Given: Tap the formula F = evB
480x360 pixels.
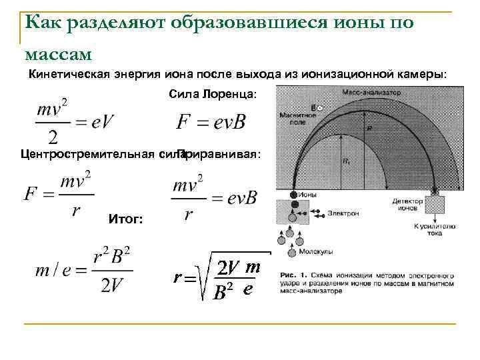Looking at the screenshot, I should point(211,122).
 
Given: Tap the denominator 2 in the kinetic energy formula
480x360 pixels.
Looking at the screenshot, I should point(54,137).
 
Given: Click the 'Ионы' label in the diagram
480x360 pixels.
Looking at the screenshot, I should point(309,195).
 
